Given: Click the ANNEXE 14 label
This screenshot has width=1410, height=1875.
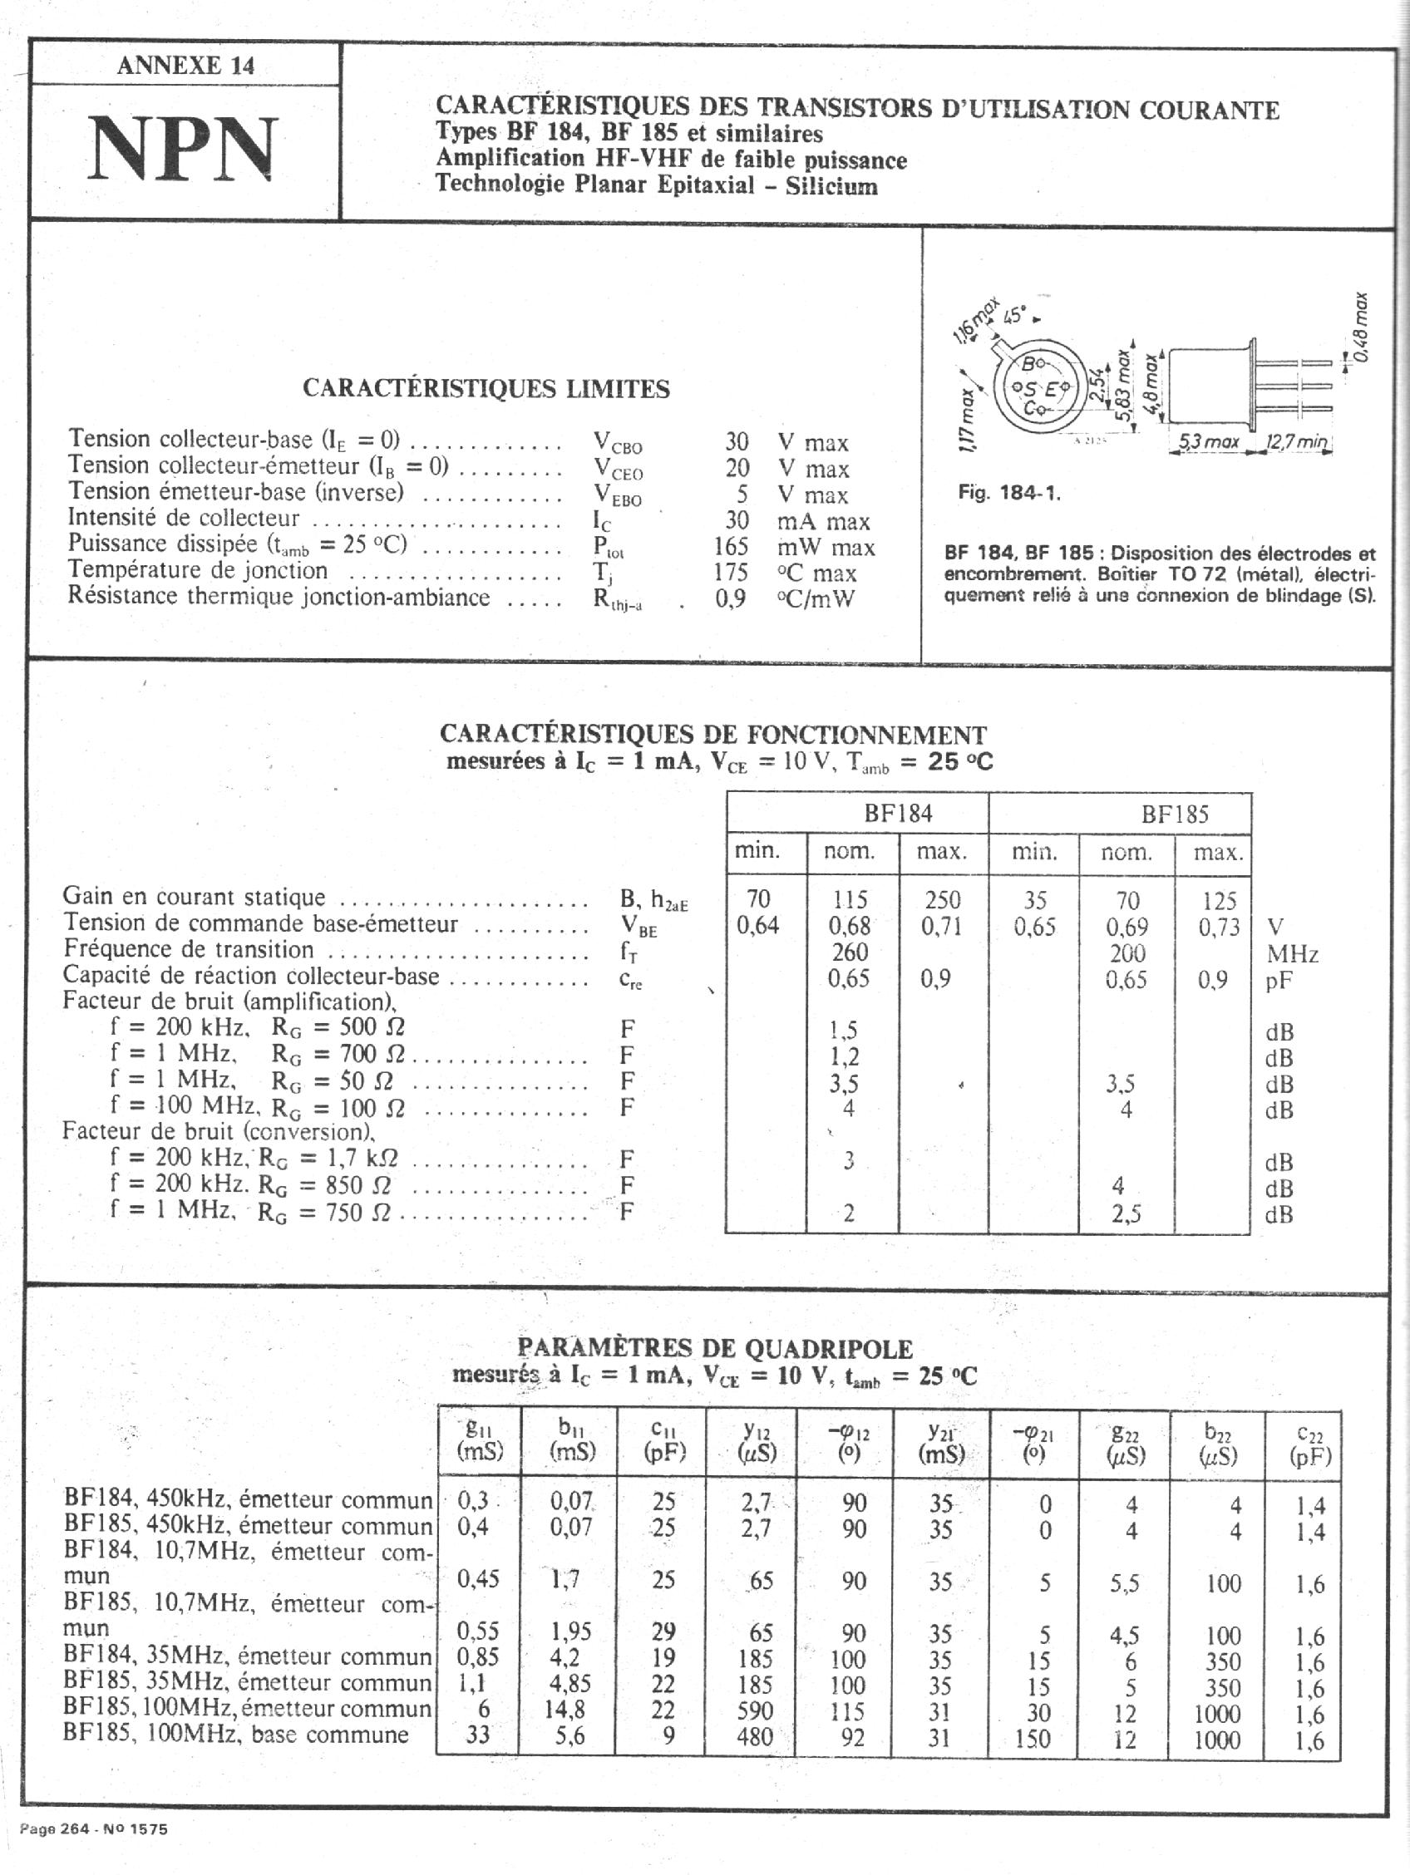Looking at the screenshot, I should click(x=185, y=66).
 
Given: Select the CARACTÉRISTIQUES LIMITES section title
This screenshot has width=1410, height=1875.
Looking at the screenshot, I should click(x=486, y=389).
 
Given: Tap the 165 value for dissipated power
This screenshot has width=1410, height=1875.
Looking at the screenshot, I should click(x=730, y=547).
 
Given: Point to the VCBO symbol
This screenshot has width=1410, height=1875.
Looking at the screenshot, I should click(x=616, y=442).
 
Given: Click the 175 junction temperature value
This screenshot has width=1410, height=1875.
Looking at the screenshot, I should click(x=730, y=572).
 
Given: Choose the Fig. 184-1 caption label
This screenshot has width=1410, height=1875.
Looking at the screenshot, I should click(x=1009, y=493).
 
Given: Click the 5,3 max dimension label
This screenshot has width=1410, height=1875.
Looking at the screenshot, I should click(x=1210, y=441).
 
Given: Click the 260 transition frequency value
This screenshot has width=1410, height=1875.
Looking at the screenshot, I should click(x=849, y=952).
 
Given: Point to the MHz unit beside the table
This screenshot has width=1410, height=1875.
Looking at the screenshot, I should click(x=1292, y=954).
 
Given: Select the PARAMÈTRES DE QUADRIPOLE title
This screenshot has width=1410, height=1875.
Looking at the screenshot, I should click(x=715, y=1348).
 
